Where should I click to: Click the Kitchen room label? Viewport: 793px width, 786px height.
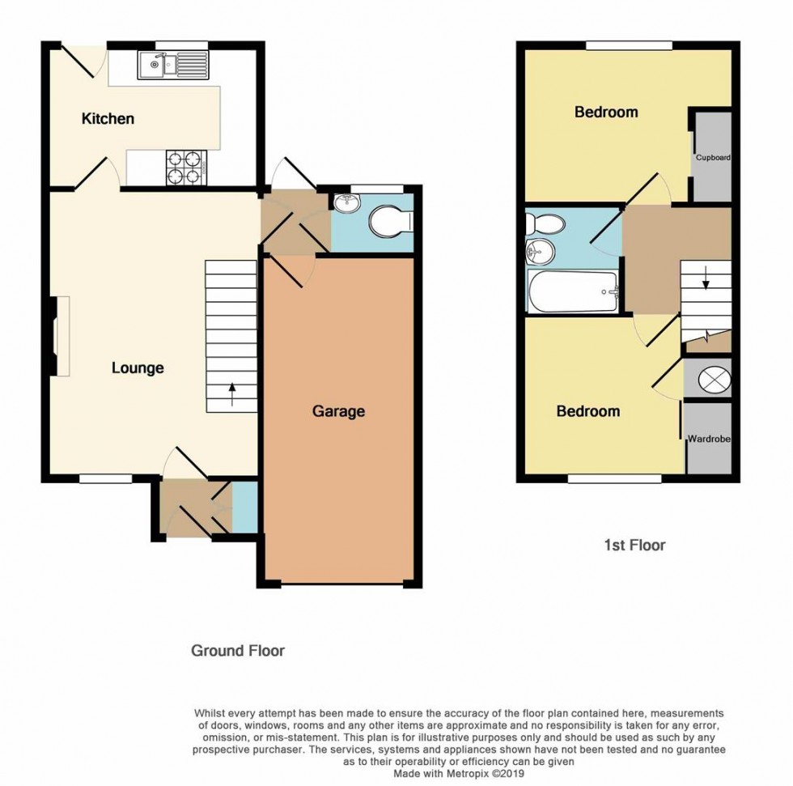click(x=108, y=119)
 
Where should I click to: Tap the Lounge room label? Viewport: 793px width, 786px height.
click(x=138, y=368)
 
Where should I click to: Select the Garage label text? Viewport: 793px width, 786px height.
click(x=338, y=411)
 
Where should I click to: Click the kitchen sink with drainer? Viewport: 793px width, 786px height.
click(x=172, y=65)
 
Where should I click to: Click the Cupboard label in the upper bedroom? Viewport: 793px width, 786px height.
click(x=713, y=157)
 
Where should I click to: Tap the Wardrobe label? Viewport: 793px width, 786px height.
click(x=709, y=439)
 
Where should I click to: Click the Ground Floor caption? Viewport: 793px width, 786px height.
click(x=237, y=651)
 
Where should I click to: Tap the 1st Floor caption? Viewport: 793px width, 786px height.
click(x=634, y=546)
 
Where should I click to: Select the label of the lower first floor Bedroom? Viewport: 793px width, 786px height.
click(x=587, y=411)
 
